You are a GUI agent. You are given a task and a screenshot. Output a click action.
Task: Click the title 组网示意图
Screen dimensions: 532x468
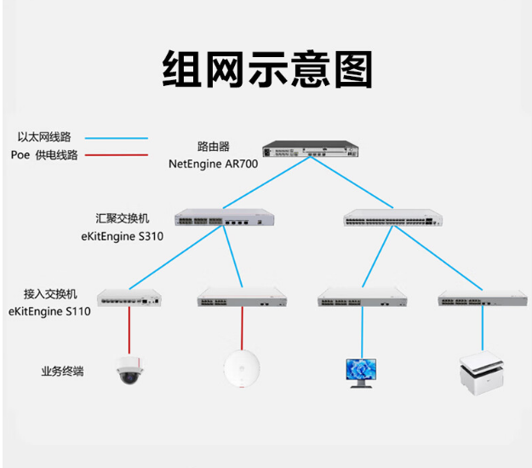pyautogui.click(x=267, y=69)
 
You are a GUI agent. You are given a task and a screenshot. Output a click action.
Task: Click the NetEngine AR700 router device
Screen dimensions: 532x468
pyautogui.click(x=311, y=149)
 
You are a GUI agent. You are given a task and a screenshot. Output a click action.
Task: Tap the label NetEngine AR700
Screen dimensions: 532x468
pyautogui.click(x=213, y=164)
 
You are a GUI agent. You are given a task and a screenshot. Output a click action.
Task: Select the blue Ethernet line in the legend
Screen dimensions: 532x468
pyautogui.click(x=117, y=138)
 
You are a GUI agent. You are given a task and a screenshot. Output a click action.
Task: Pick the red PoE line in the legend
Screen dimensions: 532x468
pyautogui.click(x=117, y=155)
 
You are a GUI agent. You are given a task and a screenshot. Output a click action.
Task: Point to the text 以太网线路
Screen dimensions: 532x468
pyautogui.click(x=44, y=137)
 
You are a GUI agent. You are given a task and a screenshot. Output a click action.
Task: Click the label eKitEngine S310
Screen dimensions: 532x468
pyautogui.click(x=122, y=236)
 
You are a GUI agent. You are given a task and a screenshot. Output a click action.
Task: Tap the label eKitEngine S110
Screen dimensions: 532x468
pyautogui.click(x=49, y=311)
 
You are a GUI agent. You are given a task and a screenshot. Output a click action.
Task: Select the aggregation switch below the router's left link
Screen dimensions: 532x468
pyautogui.click(x=224, y=217)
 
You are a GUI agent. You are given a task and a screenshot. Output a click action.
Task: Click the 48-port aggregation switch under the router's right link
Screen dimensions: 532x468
pyautogui.click(x=393, y=217)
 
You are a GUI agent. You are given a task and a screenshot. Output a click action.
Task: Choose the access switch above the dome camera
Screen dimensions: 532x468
pyautogui.click(x=129, y=298)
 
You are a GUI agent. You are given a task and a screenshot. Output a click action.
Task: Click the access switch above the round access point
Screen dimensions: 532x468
pyautogui.click(x=243, y=298)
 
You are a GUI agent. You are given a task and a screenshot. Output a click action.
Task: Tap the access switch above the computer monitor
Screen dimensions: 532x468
pyautogui.click(x=363, y=298)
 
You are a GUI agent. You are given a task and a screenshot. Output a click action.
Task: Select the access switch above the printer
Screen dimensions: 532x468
pyautogui.click(x=483, y=298)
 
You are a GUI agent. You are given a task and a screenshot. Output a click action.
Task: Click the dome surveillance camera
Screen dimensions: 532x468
pyautogui.click(x=129, y=370)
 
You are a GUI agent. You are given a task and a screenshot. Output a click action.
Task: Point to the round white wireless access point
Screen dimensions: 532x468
pyautogui.click(x=242, y=369)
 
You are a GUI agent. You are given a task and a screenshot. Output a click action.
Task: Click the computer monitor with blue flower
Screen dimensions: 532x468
pyautogui.click(x=361, y=373)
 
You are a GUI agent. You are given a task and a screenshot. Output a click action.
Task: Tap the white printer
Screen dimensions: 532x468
pyautogui.click(x=482, y=373)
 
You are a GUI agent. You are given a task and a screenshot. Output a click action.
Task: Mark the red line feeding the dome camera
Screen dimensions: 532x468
pyautogui.click(x=129, y=331)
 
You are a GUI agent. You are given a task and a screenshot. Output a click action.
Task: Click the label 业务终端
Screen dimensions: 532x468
pyautogui.click(x=62, y=371)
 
